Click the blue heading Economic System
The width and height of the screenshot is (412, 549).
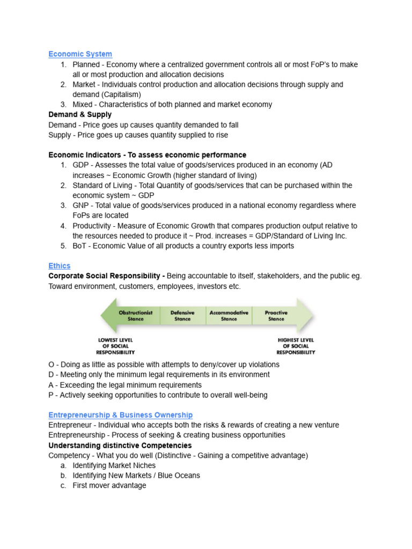point(80,54)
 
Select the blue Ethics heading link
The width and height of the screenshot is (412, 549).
point(59,266)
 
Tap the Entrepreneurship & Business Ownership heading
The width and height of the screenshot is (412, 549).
point(120,415)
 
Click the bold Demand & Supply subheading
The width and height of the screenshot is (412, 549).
point(80,115)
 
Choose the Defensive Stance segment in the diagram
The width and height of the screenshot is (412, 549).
point(182,316)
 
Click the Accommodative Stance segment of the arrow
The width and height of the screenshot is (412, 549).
point(229,316)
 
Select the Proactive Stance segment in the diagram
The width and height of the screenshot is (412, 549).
point(276,316)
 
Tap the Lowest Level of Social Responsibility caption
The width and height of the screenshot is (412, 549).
point(115,346)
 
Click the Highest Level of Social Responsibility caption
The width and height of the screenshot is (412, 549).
point(296,346)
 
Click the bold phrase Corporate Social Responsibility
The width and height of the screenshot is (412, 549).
point(106,276)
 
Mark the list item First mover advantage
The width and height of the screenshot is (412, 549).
point(109,486)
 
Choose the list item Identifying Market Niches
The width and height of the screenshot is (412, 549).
point(114,465)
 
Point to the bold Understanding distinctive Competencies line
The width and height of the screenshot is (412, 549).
point(120,446)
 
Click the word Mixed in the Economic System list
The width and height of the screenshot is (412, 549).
point(83,105)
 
